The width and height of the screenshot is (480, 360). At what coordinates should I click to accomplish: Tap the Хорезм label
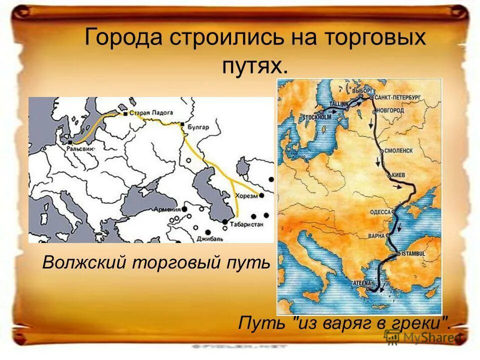point(247,196)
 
